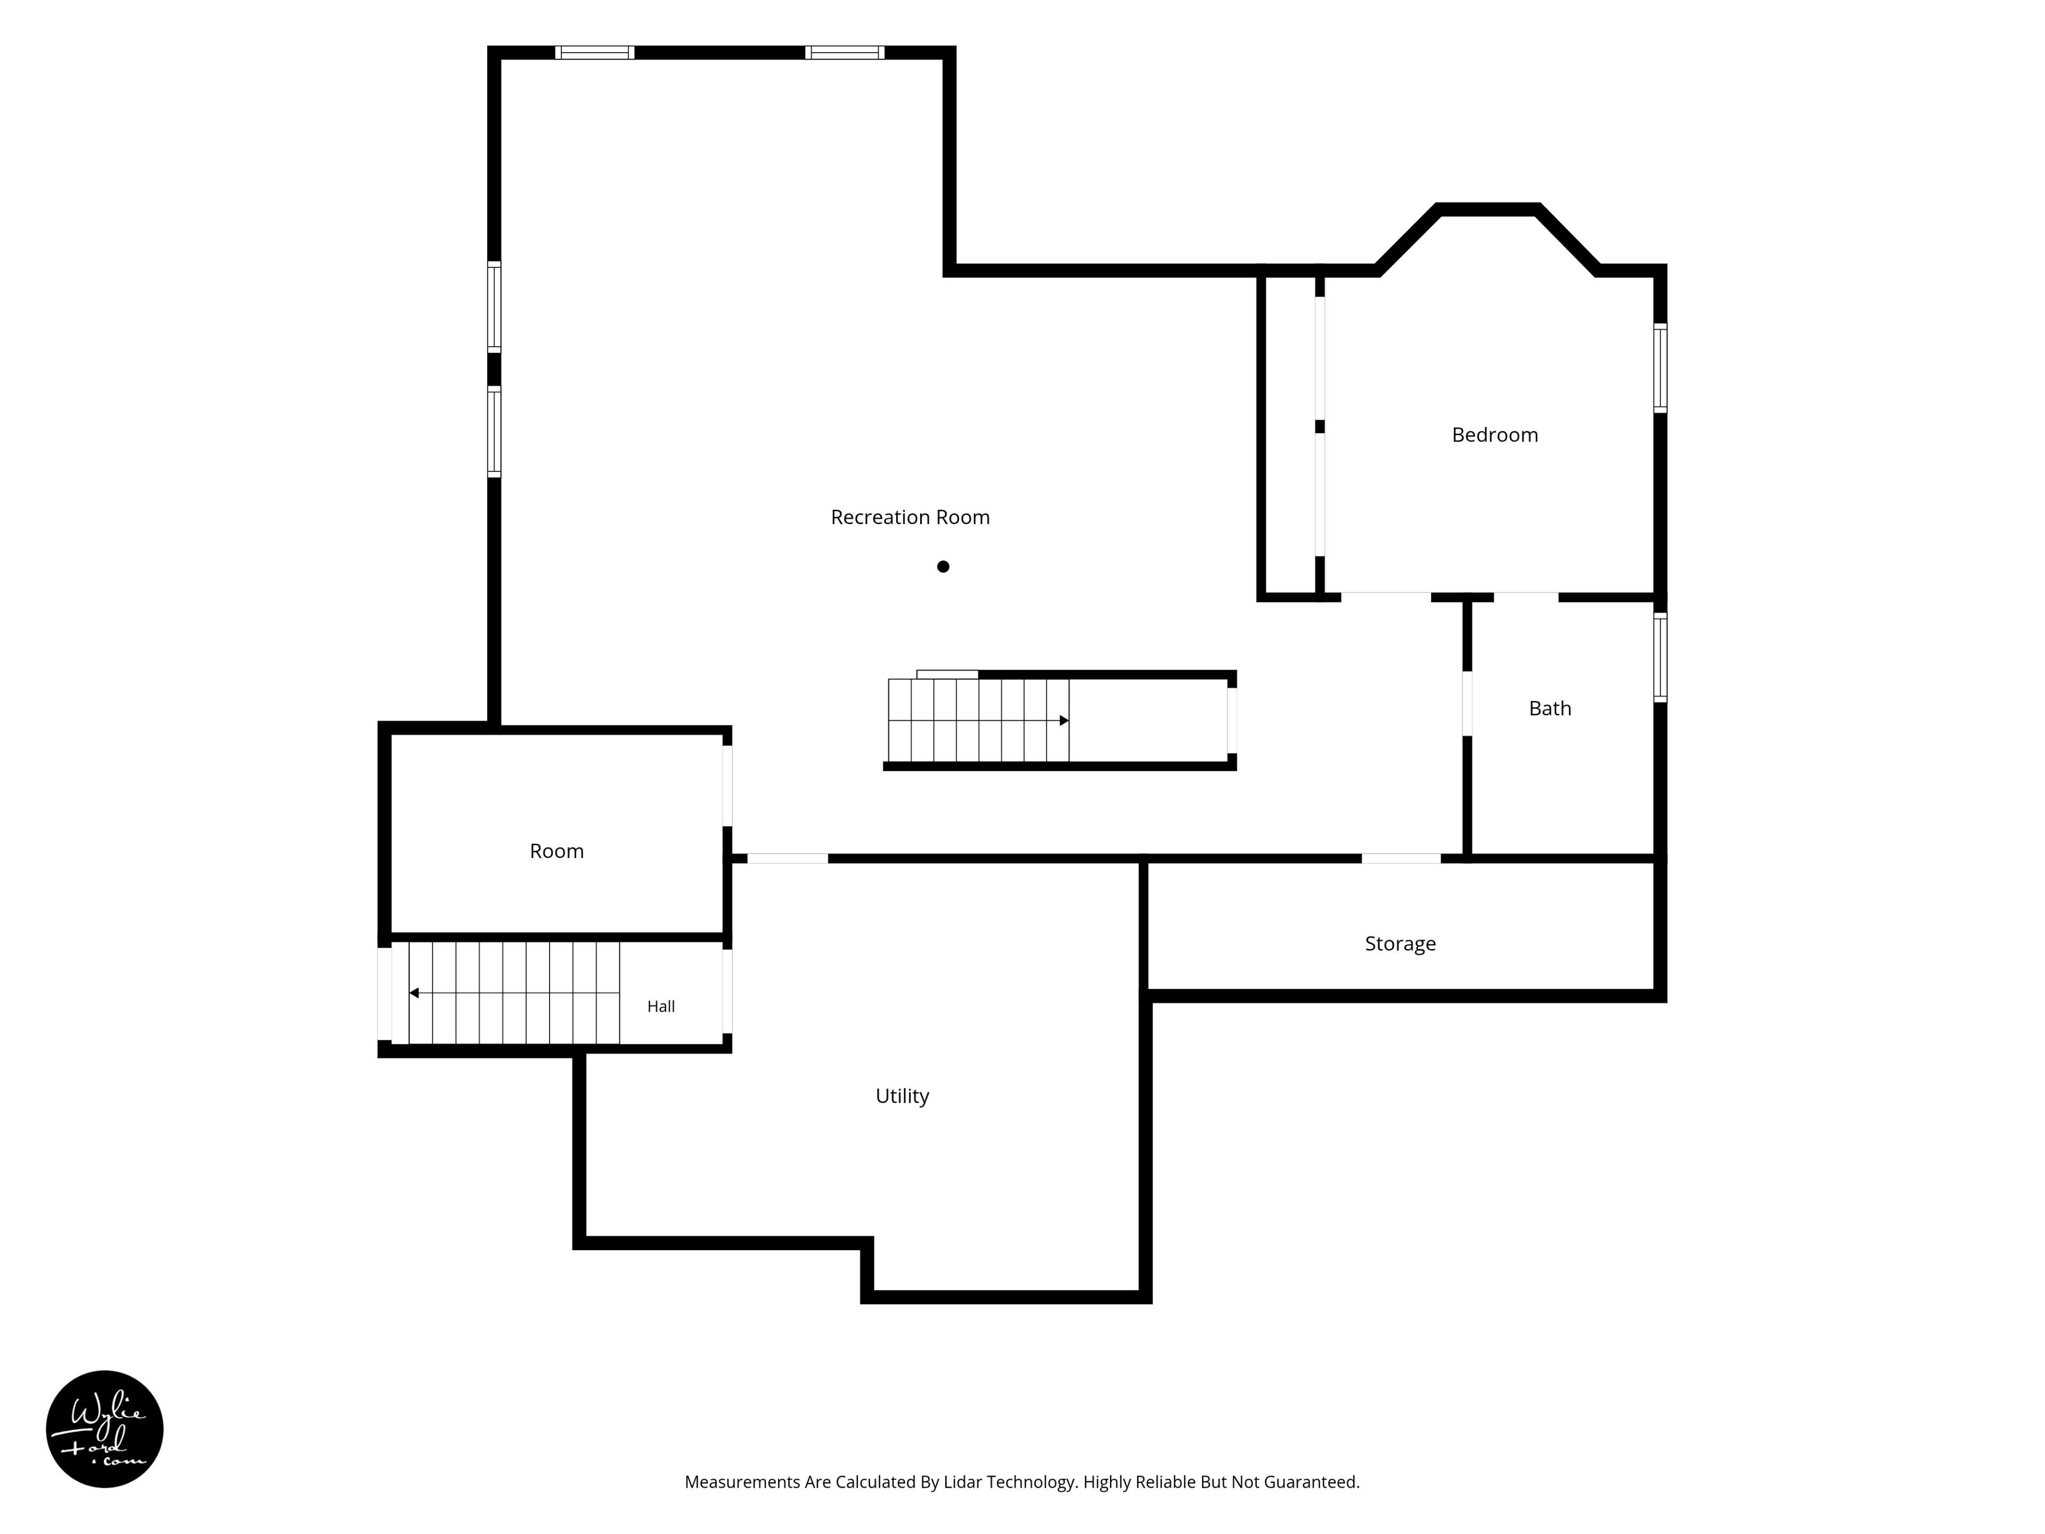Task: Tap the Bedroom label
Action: point(1495,435)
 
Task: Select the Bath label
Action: point(1550,708)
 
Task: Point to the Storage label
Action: point(1401,943)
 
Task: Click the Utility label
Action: point(902,1096)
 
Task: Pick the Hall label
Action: point(661,1006)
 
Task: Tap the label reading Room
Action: point(557,851)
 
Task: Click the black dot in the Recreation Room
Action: point(943,567)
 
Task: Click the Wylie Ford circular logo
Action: point(104,1429)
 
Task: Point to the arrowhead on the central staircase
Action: point(1064,720)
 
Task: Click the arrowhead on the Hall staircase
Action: point(414,993)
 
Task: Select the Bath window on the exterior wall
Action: point(1660,657)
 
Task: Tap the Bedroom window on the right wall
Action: point(1660,368)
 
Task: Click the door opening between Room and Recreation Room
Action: point(727,786)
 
